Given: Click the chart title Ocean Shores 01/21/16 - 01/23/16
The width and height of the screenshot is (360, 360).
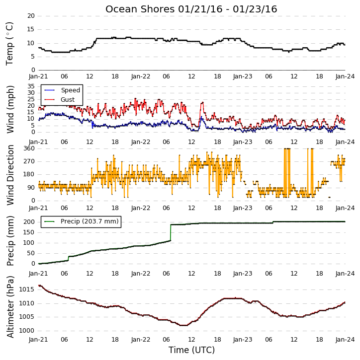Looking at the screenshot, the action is (x=191, y=9).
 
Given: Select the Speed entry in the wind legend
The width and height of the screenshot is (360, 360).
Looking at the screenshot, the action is (x=70, y=90).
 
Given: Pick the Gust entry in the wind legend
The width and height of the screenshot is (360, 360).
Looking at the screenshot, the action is (x=68, y=100).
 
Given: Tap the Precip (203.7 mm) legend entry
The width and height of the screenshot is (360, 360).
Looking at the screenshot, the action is (x=90, y=221).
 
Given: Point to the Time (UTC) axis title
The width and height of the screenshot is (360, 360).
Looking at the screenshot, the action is (x=191, y=350).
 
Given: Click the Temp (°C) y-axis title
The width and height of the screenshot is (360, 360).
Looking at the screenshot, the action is (x=9, y=44).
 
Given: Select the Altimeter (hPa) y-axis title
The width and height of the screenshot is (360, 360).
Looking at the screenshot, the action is (x=10, y=307).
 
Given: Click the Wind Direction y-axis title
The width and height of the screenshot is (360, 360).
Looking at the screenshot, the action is (x=10, y=175).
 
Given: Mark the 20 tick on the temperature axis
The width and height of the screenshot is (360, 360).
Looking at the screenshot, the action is (x=31, y=16).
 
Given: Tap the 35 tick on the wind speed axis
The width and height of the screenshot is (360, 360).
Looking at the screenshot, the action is (x=31, y=86).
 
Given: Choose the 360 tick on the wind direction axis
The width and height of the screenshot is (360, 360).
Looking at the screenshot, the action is (x=29, y=148).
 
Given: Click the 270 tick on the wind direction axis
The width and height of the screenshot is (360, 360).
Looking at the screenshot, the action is (x=29, y=161).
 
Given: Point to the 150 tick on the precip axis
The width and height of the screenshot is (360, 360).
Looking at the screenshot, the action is (x=29, y=232).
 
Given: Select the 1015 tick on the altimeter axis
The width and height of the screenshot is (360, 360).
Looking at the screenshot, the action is (x=26, y=289).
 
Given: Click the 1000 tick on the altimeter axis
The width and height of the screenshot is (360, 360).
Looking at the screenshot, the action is (x=26, y=331).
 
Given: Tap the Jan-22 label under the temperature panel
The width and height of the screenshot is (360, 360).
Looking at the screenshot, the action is (x=140, y=76).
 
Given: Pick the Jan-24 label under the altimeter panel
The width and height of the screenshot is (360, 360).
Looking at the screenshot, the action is (x=345, y=340).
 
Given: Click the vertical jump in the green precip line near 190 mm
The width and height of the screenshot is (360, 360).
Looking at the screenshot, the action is (x=171, y=232).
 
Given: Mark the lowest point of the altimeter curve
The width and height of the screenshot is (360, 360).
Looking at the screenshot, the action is (x=183, y=325).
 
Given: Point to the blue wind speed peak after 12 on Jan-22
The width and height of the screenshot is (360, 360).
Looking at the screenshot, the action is (x=202, y=117).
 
